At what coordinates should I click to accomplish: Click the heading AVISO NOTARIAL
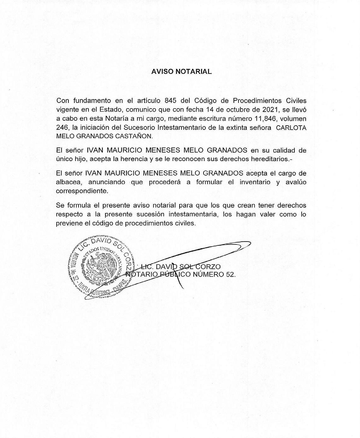pos(181,71)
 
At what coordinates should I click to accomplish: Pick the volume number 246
pos(62,128)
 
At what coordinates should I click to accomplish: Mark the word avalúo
pos(296,182)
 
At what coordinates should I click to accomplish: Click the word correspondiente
pos(82,191)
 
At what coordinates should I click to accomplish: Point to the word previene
pos(68,223)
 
